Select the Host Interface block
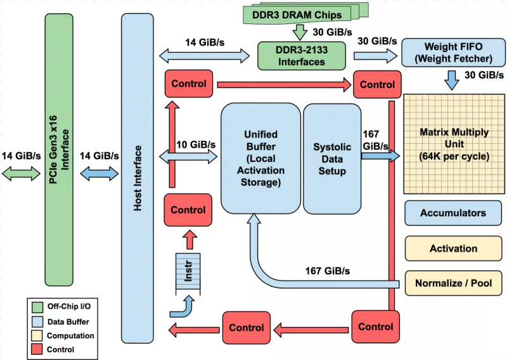(x=137, y=177)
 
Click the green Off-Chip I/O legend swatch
(x=37, y=306)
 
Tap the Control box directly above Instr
(x=189, y=210)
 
